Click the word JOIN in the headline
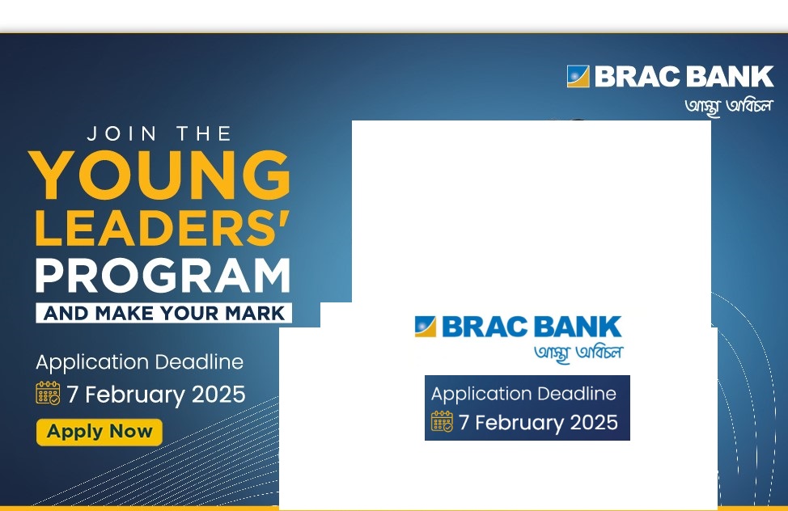(x=121, y=133)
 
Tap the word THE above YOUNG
(x=204, y=133)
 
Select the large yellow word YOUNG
(x=161, y=175)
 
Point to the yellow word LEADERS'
(x=163, y=228)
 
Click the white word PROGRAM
(x=163, y=276)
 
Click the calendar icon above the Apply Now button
(x=48, y=393)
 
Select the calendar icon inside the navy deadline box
(x=442, y=421)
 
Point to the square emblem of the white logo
(x=578, y=76)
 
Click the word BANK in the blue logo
(x=578, y=327)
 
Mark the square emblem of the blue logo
(x=426, y=326)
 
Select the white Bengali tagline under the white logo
(x=729, y=106)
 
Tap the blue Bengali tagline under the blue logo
(x=578, y=353)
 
